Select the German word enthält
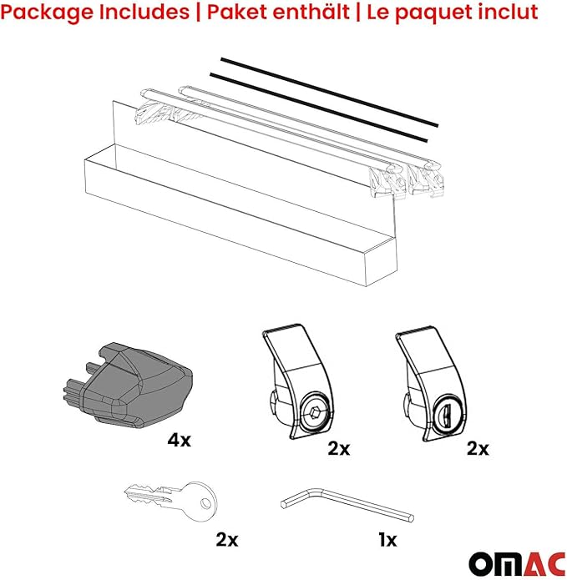316,13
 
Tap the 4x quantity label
179,439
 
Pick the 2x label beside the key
226,539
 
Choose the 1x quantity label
387,539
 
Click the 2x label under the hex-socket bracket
338,449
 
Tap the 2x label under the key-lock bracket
477,449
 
